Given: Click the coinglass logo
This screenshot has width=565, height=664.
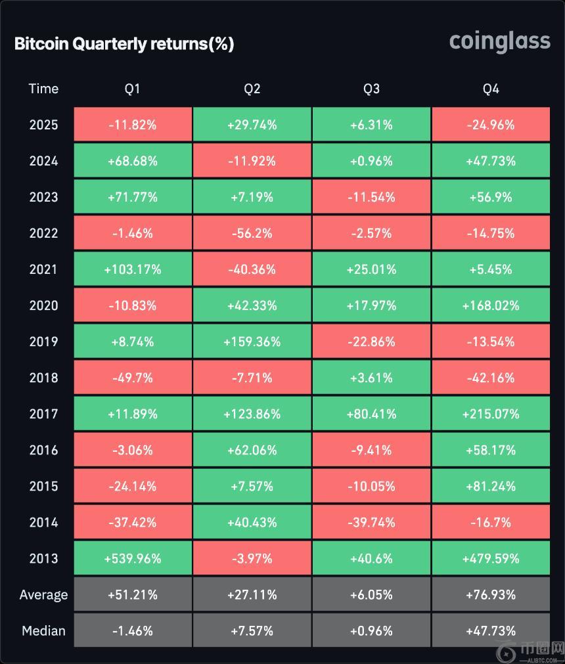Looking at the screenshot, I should pyautogui.click(x=499, y=41).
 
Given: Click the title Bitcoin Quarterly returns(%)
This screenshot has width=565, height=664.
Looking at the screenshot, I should pyautogui.click(x=124, y=44).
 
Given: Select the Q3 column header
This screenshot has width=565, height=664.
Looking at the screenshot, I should pyautogui.click(x=371, y=89).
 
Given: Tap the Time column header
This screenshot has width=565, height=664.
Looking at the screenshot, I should pyautogui.click(x=43, y=89).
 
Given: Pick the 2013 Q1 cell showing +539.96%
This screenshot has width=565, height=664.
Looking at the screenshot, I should pyautogui.click(x=133, y=559).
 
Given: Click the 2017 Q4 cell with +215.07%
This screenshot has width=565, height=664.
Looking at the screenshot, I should pyautogui.click(x=491, y=414).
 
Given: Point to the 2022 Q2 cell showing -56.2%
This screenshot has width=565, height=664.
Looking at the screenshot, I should pyautogui.click(x=252, y=233).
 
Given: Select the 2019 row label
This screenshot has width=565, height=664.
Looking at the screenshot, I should pyautogui.click(x=43, y=342).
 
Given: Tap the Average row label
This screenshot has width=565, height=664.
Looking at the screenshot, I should pyautogui.click(x=43, y=595).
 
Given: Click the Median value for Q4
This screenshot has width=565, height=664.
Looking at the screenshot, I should pyautogui.click(x=491, y=631).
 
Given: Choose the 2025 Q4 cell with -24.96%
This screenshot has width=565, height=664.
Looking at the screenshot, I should pyautogui.click(x=491, y=125).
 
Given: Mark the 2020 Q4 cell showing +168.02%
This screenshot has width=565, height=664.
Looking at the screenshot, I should pyautogui.click(x=491, y=305).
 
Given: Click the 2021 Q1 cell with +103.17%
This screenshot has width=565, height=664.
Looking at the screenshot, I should pyautogui.click(x=133, y=269).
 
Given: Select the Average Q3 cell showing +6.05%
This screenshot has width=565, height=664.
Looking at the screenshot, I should pyautogui.click(x=371, y=595).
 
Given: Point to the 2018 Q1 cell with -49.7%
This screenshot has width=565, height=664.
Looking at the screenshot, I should pyautogui.click(x=133, y=378).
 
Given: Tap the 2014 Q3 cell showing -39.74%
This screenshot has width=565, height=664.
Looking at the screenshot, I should pyautogui.click(x=371, y=523).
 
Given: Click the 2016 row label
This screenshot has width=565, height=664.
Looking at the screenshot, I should pyautogui.click(x=43, y=451).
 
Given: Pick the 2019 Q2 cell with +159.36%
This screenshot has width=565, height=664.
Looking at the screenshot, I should pyautogui.click(x=252, y=342).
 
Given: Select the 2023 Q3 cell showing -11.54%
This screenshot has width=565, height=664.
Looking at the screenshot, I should pyautogui.click(x=371, y=197).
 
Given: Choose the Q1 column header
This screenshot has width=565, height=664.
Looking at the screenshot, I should pyautogui.click(x=133, y=89).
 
